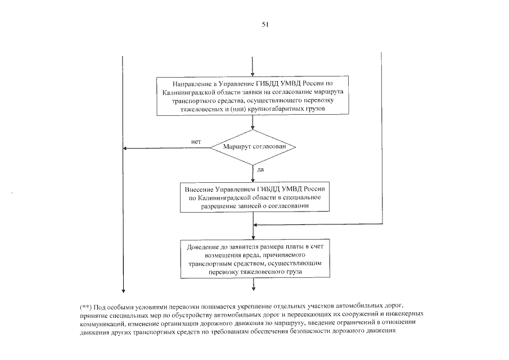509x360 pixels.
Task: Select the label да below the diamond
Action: (x=260, y=169)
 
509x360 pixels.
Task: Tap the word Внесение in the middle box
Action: (x=200, y=190)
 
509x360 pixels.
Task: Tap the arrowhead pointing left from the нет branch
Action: (x=125, y=148)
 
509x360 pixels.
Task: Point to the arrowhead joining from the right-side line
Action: (x=256, y=224)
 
